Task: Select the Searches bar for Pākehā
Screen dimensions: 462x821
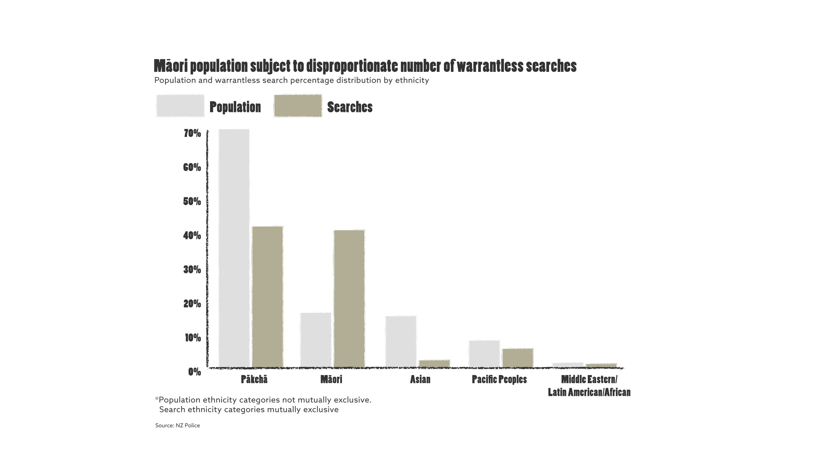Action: [x=267, y=296]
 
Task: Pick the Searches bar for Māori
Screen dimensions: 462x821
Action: [x=349, y=298]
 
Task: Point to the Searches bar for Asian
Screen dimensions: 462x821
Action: [x=434, y=363]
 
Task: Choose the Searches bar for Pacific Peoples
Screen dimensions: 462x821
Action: [x=518, y=357]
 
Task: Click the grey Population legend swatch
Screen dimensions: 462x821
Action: [x=180, y=106]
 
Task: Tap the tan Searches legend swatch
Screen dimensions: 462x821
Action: [x=298, y=106]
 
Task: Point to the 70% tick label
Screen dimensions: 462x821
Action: [x=192, y=133]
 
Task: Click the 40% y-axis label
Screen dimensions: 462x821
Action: [x=192, y=235]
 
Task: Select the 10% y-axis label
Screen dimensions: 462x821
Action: [x=193, y=338]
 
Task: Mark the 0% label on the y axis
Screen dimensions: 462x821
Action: [x=194, y=372]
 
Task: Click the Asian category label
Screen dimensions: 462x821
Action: [x=420, y=380]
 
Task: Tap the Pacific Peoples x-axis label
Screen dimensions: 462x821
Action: [x=499, y=380]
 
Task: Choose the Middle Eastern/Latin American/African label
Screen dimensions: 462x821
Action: [x=589, y=386]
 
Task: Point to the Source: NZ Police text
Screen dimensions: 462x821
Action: [x=177, y=425]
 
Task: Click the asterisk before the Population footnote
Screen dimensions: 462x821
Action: [x=157, y=399]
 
